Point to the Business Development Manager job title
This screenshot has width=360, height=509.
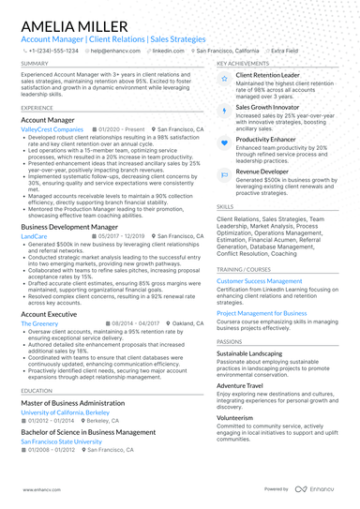(x=82, y=228)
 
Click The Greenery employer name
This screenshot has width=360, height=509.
(x=39, y=322)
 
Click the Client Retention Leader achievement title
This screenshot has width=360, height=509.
(x=267, y=74)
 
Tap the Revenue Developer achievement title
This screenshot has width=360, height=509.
(x=262, y=172)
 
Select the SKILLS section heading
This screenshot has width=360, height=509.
(x=225, y=205)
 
